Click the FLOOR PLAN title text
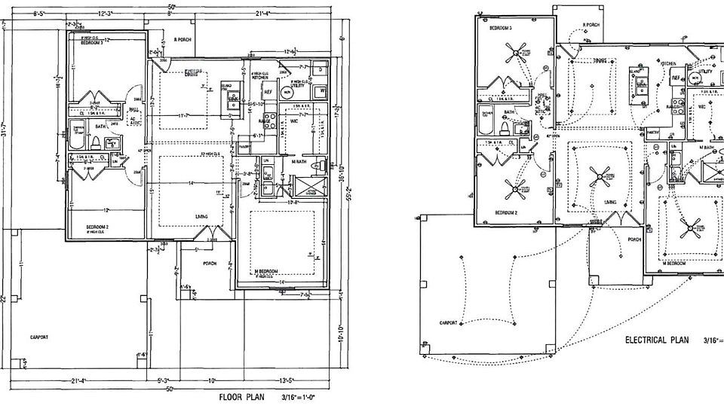pyautogui.click(x=239, y=397)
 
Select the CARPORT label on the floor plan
pyautogui.click(x=39, y=337)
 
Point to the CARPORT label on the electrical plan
pyautogui.click(x=449, y=322)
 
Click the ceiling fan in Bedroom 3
pyautogui.click(x=517, y=51)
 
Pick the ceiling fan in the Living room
pyautogui.click(x=601, y=178)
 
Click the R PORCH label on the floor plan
pyautogui.click(x=182, y=39)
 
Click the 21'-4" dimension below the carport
pyautogui.click(x=78, y=381)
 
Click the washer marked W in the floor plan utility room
pyautogui.click(x=321, y=91)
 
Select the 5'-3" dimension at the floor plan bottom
pyautogui.click(x=163, y=381)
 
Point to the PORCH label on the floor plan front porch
pyautogui.click(x=210, y=264)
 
